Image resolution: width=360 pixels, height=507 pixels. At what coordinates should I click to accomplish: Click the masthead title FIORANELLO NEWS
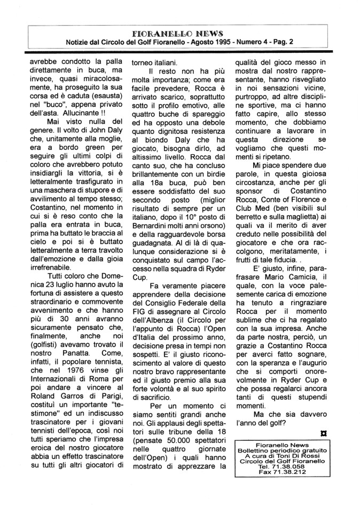pos(179,33)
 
